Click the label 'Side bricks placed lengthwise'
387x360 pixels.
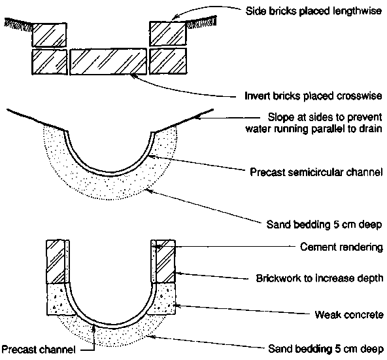point(313,11)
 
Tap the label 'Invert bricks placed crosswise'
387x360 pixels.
point(313,96)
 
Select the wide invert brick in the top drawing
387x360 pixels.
point(108,62)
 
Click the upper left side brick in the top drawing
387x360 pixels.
point(50,35)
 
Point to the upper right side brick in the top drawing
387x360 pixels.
point(168,33)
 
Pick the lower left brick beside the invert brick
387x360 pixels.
point(50,62)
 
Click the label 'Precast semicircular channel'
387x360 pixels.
point(316,172)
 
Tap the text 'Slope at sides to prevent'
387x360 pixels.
point(325,117)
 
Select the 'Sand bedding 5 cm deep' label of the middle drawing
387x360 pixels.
point(324,225)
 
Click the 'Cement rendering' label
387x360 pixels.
point(341,247)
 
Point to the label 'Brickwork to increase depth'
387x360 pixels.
point(320,278)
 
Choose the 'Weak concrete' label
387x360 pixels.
point(349,315)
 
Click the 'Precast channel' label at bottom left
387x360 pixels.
point(39,350)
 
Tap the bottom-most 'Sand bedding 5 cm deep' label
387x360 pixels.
point(326,349)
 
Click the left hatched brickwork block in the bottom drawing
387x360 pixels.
point(56,261)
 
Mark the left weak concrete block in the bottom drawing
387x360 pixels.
point(58,300)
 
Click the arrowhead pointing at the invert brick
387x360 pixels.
point(133,75)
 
